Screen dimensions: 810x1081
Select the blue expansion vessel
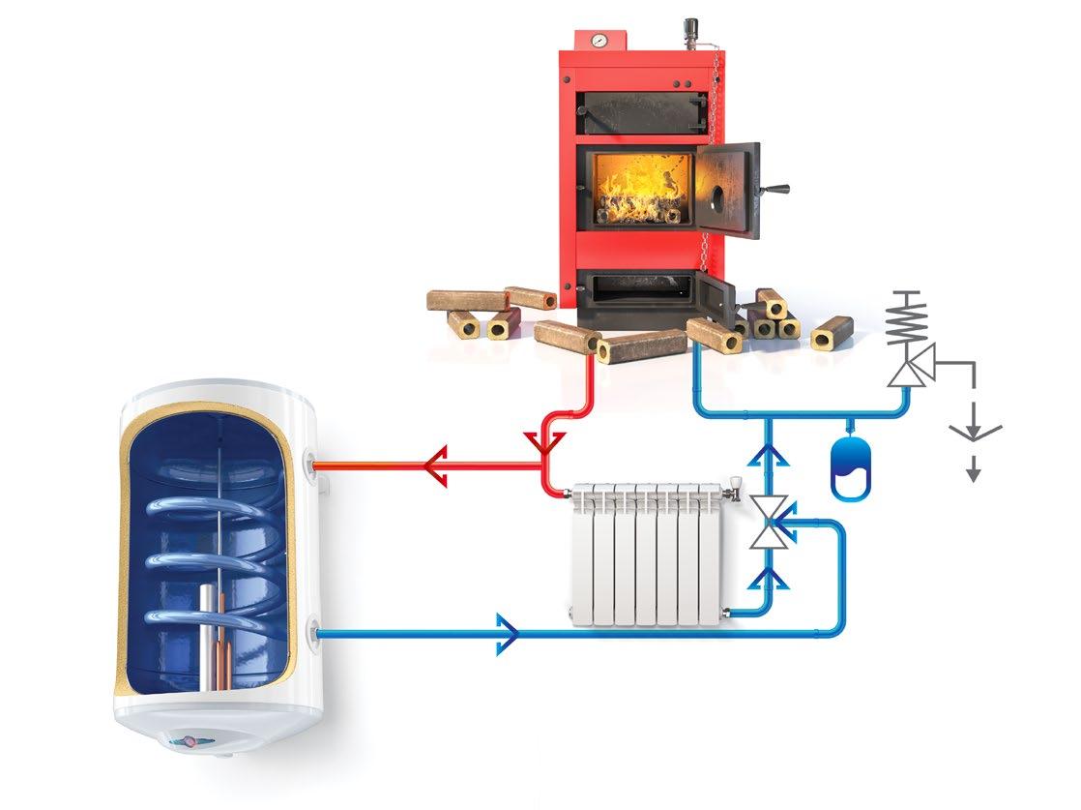851,468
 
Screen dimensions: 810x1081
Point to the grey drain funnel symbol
974,427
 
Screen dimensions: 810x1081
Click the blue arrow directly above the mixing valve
771,454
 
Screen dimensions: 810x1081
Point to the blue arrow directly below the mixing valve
771,578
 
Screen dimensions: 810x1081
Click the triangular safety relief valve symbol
907,369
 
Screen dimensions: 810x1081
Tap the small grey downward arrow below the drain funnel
974,472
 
